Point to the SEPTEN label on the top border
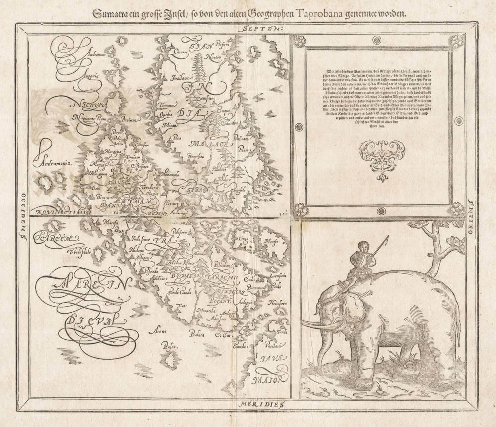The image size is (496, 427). [267, 29]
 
